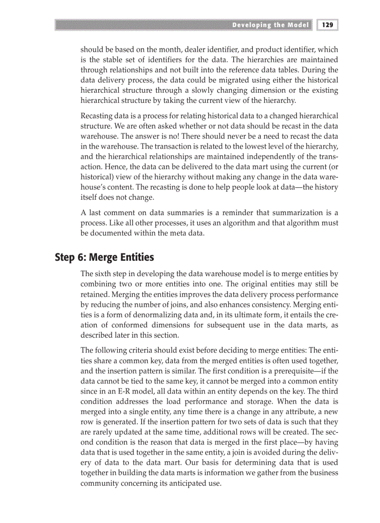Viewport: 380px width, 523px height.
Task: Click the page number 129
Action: [327, 25]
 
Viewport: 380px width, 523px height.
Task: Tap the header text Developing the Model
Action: [271, 25]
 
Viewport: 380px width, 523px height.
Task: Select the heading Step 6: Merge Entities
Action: [104, 257]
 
